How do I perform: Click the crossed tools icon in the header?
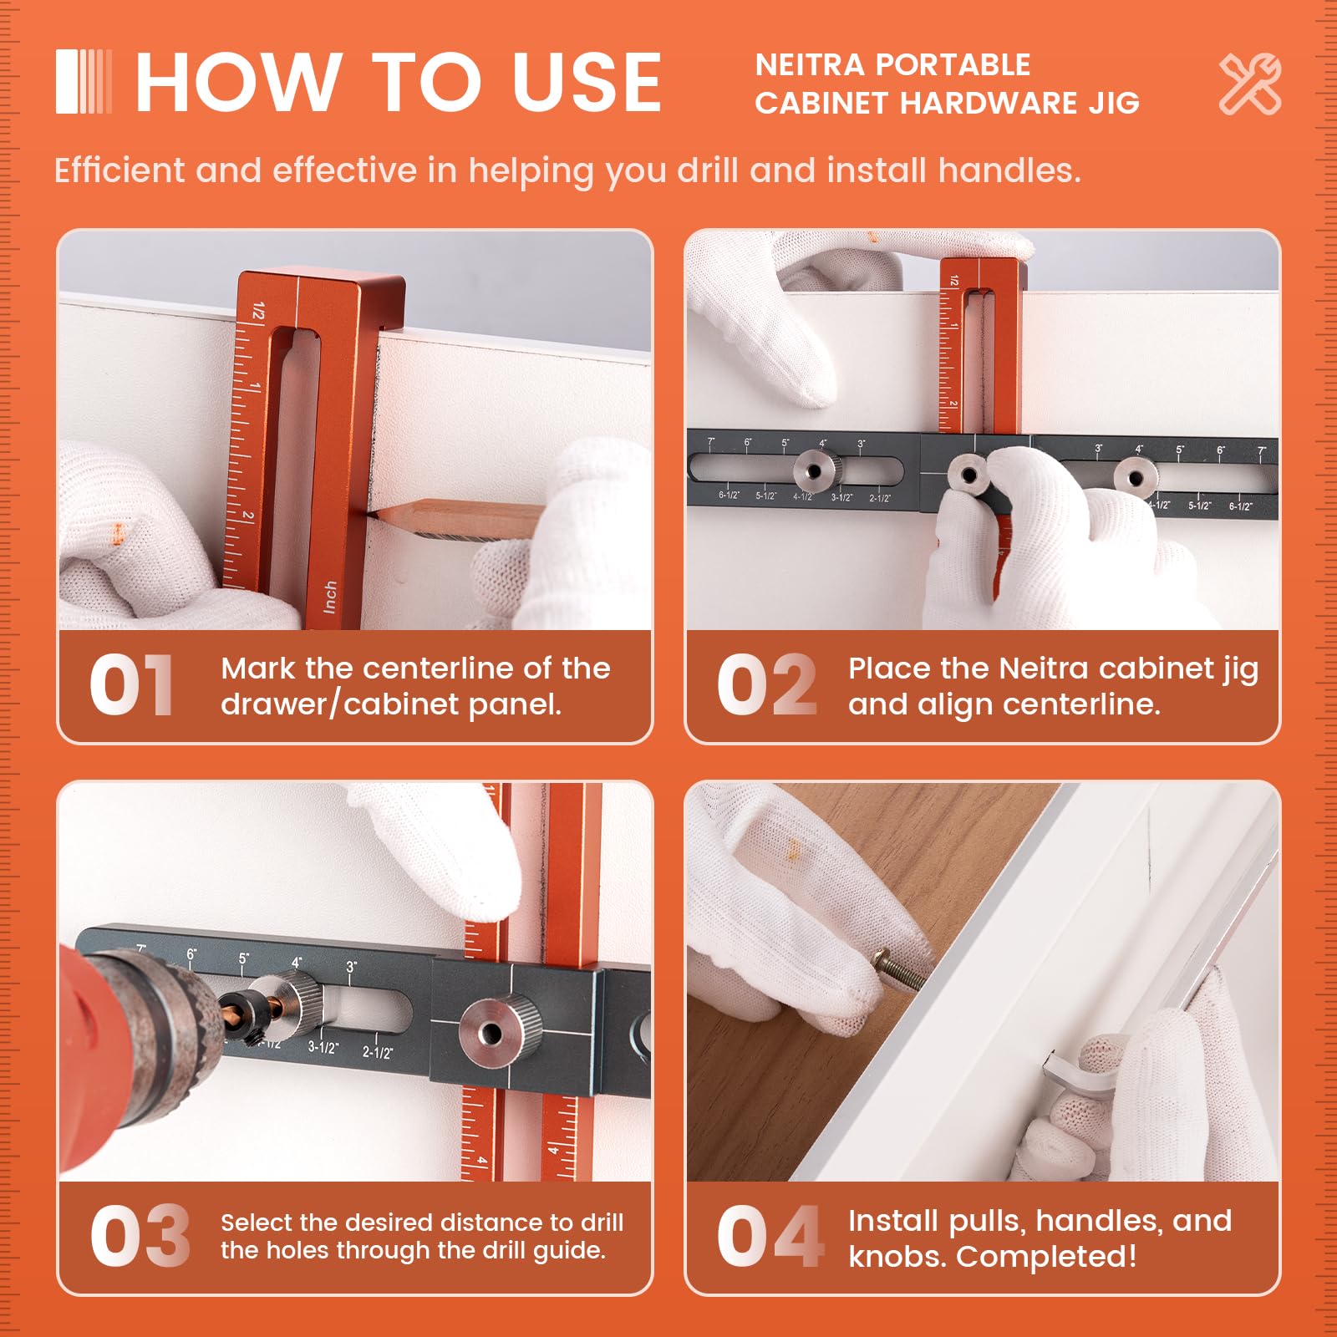(1249, 84)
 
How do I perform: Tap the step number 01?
(131, 685)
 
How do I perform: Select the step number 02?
(765, 685)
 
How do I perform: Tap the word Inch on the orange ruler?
(330, 597)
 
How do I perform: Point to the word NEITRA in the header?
(809, 65)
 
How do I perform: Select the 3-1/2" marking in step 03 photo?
(323, 1047)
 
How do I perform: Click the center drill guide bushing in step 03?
(493, 1033)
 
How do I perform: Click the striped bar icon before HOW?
(84, 82)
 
